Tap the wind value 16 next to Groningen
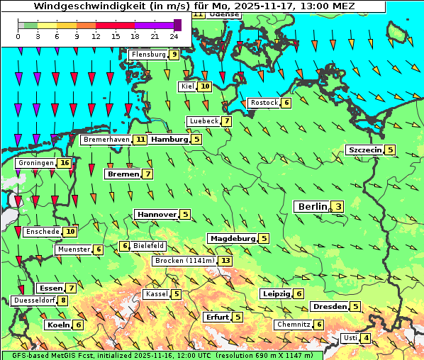click(65, 163)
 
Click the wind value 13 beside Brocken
click(225, 261)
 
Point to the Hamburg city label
click(169, 140)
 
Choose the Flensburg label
click(148, 55)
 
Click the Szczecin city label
click(364, 150)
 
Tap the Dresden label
click(329, 307)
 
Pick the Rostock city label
click(264, 103)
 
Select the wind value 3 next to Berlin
click(338, 207)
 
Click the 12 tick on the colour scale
click(96, 35)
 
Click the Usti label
click(350, 338)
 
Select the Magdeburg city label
click(232, 238)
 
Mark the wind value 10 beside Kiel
click(205, 86)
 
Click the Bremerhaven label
click(106, 140)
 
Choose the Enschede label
click(42, 232)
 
